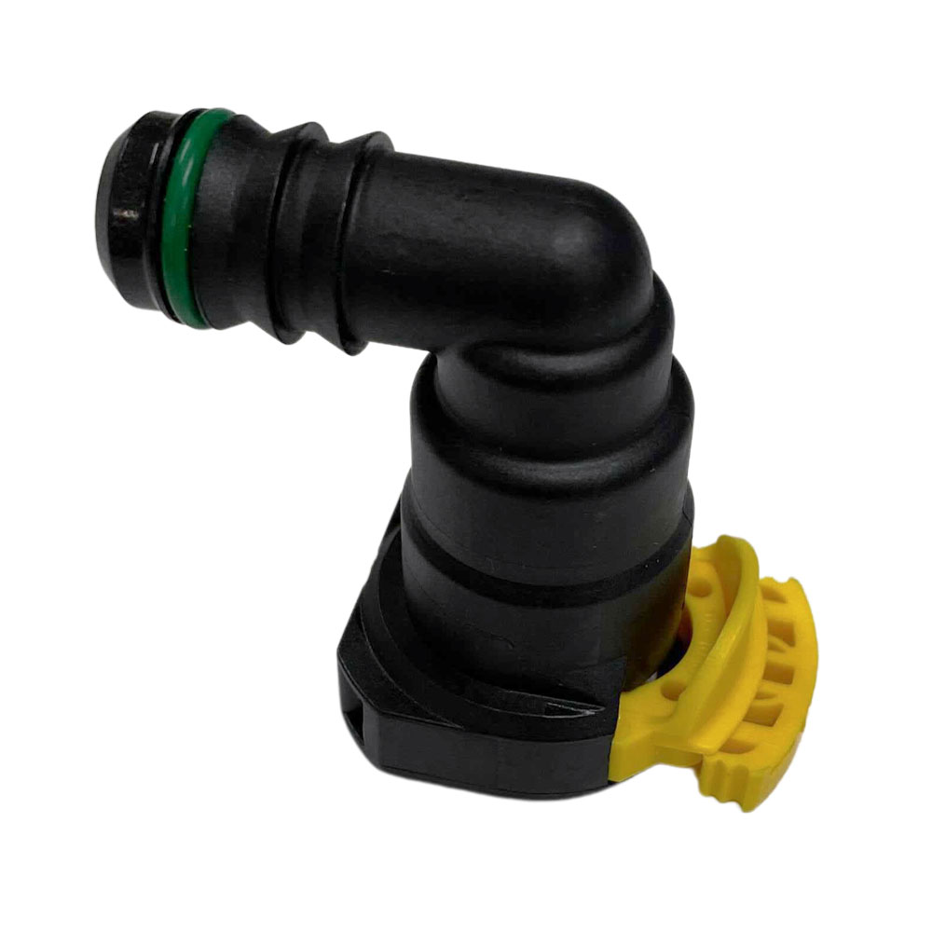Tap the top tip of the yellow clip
coord(732,545)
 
